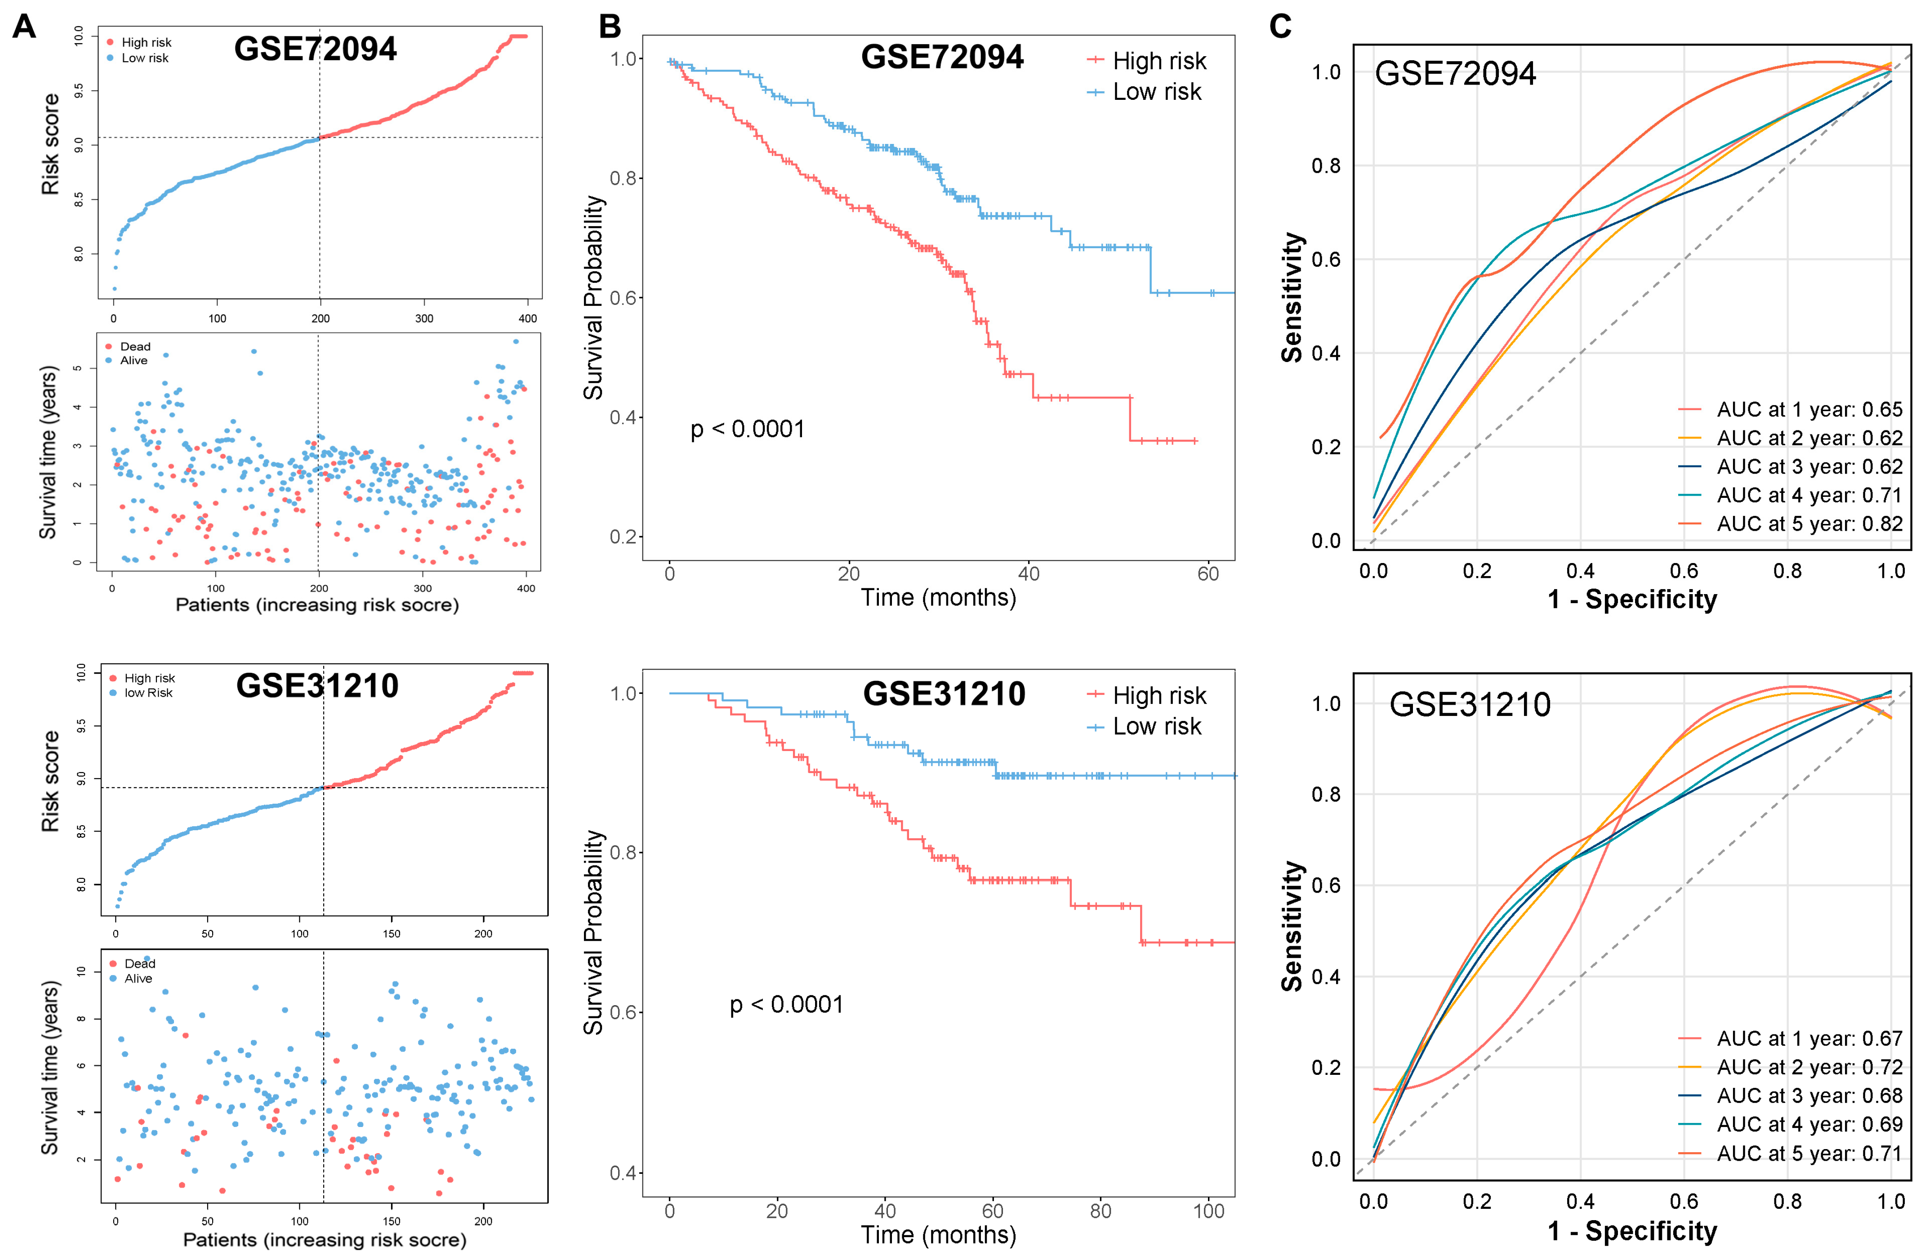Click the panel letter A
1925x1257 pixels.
pos(24,27)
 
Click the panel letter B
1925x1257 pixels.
pos(610,27)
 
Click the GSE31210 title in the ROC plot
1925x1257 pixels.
pos(1470,705)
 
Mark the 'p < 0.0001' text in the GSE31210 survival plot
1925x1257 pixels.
pos(786,1005)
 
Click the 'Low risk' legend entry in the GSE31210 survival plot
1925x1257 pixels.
pos(1157,726)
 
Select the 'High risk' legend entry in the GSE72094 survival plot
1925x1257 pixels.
pos(1158,61)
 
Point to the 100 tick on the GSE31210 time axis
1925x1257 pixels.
pos(1208,1211)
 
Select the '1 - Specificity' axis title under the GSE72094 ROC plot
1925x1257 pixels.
pos(1631,599)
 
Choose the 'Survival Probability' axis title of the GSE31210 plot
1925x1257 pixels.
pos(594,932)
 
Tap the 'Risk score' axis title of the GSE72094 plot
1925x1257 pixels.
pos(51,144)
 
